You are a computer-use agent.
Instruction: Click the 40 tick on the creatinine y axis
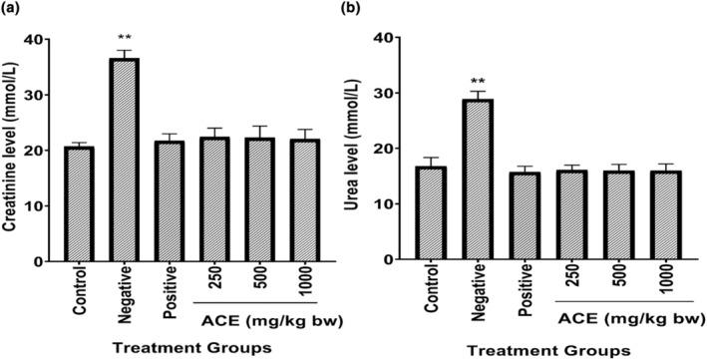45,39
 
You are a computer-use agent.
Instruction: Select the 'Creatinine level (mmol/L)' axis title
13,150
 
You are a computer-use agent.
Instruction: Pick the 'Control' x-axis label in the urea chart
436,290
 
